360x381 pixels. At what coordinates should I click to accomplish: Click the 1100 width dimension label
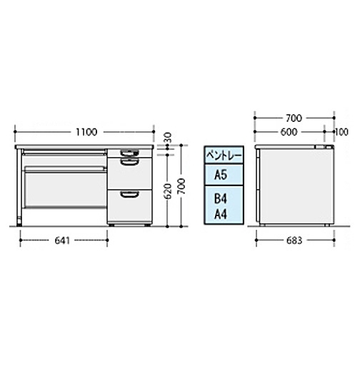click(x=86, y=132)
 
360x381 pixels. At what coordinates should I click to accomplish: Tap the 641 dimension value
click(x=62, y=240)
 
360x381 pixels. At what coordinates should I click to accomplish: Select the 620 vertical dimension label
click(x=168, y=191)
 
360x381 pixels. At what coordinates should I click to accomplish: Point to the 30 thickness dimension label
click(x=168, y=138)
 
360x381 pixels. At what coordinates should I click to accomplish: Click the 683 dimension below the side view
click(x=294, y=240)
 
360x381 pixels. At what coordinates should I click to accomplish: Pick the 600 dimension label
click(x=289, y=132)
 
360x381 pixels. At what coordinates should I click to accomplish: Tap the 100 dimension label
click(x=341, y=132)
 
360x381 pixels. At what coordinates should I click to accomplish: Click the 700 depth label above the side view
click(x=294, y=118)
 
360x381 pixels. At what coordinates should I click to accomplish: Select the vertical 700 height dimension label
click(x=181, y=186)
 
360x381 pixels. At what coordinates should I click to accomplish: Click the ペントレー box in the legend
click(x=224, y=155)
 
